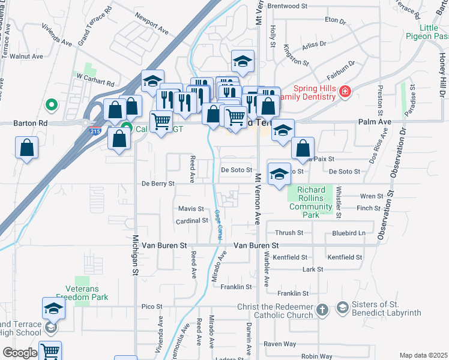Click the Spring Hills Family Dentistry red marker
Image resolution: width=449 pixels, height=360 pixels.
[345, 92]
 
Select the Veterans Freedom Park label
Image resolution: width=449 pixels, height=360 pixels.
[82, 292]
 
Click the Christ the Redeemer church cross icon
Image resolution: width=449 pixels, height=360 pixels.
[322, 310]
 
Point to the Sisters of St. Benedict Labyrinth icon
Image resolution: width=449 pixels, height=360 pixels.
[342, 308]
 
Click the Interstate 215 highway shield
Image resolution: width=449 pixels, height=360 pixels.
[94, 130]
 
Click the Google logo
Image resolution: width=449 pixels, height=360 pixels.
[20, 353]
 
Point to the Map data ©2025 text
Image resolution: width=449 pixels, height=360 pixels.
[423, 355]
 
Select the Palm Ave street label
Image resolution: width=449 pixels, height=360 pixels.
[375, 122]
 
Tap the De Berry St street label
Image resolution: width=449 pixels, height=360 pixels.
[158, 183]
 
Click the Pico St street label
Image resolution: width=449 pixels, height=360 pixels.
[152, 307]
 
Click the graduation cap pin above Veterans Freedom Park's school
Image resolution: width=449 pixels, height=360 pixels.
[53, 309]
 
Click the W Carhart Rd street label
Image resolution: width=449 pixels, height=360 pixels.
[95, 82]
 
